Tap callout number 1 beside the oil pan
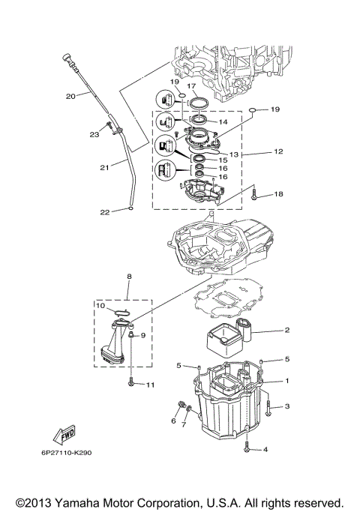[286, 381]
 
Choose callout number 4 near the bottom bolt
[266, 451]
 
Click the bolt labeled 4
[247, 445]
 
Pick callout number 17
[201, 85]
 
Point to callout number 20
[70, 96]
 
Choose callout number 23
[94, 135]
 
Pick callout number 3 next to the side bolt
[286, 406]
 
